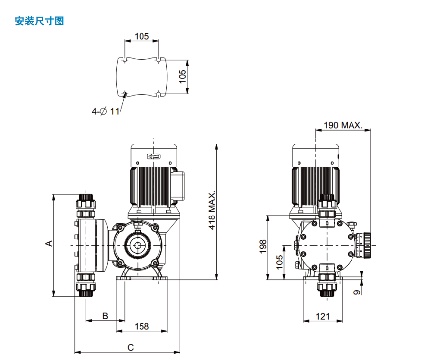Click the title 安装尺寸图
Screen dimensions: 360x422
tap(39, 21)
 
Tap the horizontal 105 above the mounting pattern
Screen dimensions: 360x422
tap(141, 36)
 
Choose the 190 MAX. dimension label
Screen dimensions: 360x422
tap(343, 125)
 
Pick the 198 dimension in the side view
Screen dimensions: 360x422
tap(263, 246)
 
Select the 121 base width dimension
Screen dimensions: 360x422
tap(322, 316)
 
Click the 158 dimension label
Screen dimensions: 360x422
tap(142, 326)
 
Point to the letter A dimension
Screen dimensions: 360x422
tap(49, 243)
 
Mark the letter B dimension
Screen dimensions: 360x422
tap(105, 316)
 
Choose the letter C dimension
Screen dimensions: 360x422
tap(131, 347)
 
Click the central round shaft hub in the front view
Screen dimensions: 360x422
tap(138, 245)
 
